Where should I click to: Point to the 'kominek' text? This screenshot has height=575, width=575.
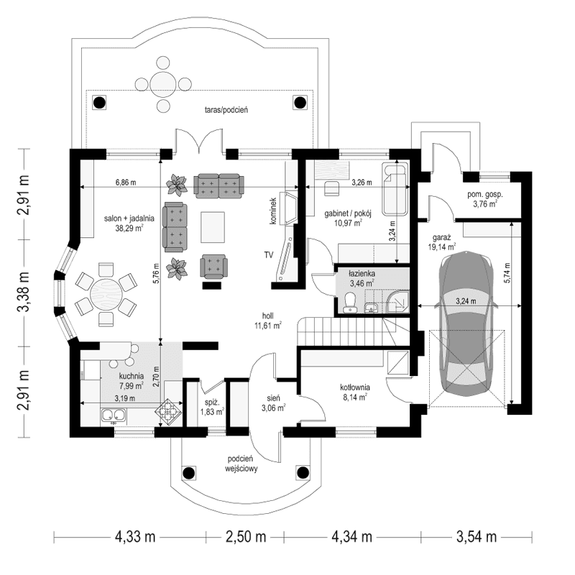(274, 212)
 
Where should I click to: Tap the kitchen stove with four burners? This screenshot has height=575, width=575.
(170, 412)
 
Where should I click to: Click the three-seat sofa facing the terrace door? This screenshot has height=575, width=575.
(218, 185)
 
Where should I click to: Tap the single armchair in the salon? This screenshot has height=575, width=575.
(214, 267)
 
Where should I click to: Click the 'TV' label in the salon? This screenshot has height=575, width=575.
(268, 255)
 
